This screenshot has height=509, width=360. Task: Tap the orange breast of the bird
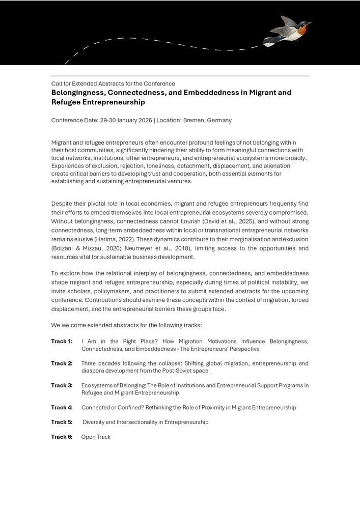click(301, 30)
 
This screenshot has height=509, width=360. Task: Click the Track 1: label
click(62, 342)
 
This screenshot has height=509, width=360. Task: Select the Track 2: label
click(62, 363)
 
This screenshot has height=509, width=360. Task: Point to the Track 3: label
click(62, 386)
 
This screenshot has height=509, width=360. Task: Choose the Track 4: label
click(62, 408)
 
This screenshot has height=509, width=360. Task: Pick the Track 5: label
click(62, 422)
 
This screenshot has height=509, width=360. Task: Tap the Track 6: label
click(62, 437)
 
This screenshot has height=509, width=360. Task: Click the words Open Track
click(96, 437)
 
